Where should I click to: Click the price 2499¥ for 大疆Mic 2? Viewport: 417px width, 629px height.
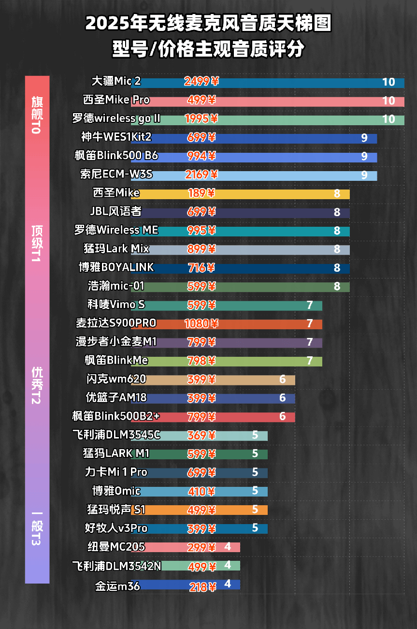(201, 81)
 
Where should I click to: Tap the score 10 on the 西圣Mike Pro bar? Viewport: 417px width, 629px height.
(388, 101)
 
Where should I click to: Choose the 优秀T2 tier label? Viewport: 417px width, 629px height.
(37, 385)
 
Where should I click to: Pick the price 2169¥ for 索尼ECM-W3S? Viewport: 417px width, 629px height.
(201, 175)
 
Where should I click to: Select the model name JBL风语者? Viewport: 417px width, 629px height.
(115, 212)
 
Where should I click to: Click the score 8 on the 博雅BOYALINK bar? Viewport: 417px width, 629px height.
(337, 268)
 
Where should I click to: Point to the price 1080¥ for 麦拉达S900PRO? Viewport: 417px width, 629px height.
(201, 323)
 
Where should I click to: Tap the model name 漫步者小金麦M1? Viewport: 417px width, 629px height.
(116, 342)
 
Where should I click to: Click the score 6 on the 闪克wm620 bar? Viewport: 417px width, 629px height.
(282, 379)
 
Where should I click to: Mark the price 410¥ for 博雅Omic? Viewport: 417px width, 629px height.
(201, 492)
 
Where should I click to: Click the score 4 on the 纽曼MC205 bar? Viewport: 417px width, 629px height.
(228, 547)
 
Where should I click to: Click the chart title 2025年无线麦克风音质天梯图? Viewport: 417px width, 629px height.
(208, 23)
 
